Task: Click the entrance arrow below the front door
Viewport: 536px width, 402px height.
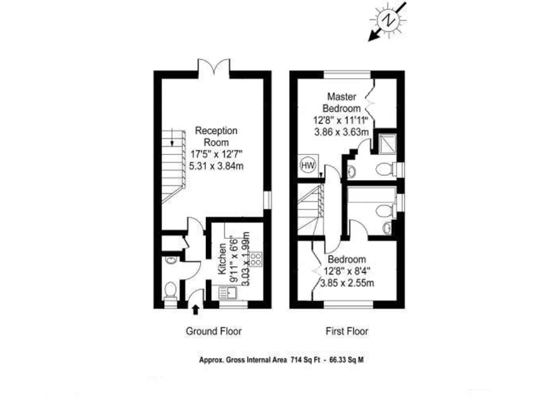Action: click(195, 308)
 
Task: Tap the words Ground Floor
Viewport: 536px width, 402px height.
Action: click(213, 332)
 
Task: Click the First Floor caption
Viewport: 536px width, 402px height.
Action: click(347, 332)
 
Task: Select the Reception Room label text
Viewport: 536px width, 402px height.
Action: click(216, 136)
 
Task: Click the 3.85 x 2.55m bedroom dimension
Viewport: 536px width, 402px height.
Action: click(347, 283)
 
